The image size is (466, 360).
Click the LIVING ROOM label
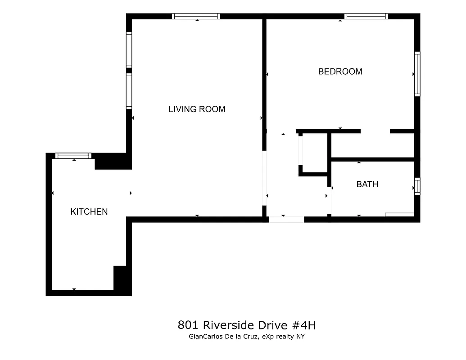pyautogui.click(x=197, y=109)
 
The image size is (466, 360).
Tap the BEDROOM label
pyautogui.click(x=340, y=72)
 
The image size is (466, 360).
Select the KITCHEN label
pyautogui.click(x=89, y=211)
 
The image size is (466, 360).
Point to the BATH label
pyautogui.click(x=367, y=184)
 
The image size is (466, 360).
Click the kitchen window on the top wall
pyautogui.click(x=73, y=156)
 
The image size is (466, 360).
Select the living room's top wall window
pyautogui.click(x=196, y=16)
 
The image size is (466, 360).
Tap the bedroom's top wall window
pyautogui.click(x=366, y=16)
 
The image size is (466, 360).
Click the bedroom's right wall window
pyautogui.click(x=417, y=74)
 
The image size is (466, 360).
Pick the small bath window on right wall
pyautogui.click(x=417, y=186)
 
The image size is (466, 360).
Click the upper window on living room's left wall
pyautogui.click(x=129, y=50)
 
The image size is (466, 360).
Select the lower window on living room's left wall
pyautogui.click(x=129, y=91)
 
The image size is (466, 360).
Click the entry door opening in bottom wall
pyautogui.click(x=286, y=220)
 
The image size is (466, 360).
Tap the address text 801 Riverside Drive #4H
pyautogui.click(x=249, y=325)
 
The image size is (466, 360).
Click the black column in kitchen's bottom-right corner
pyautogui.click(x=122, y=279)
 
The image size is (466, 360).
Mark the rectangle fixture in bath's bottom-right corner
pyautogui.click(x=399, y=215)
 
